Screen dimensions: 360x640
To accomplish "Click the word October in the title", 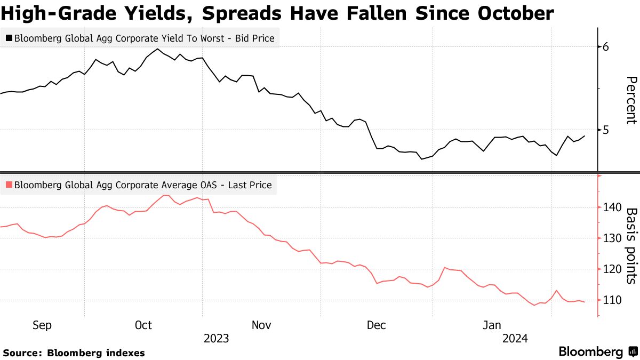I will point(508,13).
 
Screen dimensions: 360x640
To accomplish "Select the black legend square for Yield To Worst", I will point(9,38).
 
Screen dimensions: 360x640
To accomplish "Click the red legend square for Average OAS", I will point(9,186).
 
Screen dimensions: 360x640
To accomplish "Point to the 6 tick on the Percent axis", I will point(605,47).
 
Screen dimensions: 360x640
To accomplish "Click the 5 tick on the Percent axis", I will point(605,130).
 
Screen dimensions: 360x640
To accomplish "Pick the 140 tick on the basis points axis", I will point(611,207).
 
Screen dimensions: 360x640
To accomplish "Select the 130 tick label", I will point(611,238).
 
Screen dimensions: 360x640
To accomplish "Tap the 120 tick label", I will point(611,269).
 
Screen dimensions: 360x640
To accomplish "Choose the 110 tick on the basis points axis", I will point(611,300).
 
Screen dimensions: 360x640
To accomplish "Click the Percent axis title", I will point(631,100).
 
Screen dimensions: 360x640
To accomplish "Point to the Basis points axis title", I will point(631,245).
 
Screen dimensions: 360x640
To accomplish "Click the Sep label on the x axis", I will point(42,325).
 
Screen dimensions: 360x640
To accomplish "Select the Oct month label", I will point(143,325).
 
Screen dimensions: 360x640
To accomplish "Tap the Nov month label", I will point(261,325).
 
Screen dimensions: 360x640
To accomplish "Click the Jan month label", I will point(492,325).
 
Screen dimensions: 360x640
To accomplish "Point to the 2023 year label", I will point(216,338).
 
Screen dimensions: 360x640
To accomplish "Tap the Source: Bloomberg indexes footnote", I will point(74,353).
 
